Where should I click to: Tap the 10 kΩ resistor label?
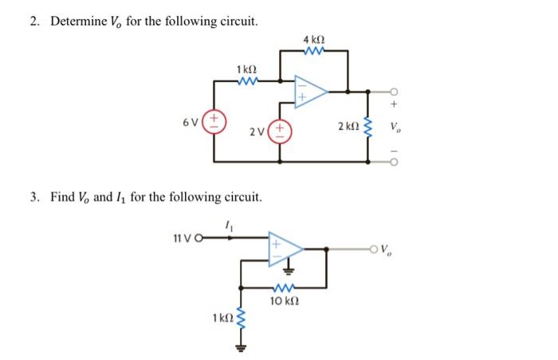pos(285,300)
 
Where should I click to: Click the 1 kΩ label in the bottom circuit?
pos(222,319)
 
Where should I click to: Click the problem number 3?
pos(35,196)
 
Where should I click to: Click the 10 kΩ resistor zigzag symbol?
pos(285,288)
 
